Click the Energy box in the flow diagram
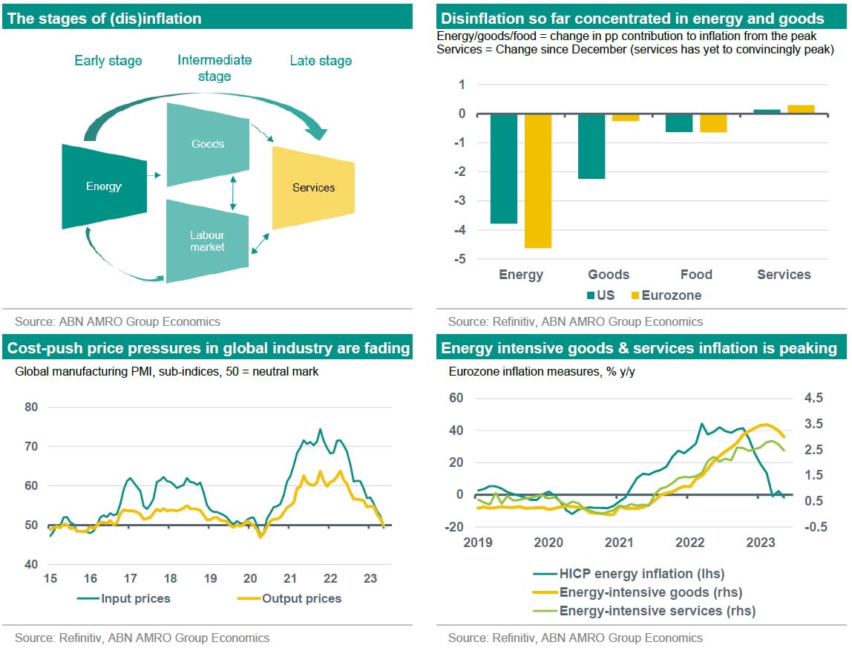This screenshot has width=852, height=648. coord(103,186)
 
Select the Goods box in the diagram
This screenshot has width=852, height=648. coord(207,144)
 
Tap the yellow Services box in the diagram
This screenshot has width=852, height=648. coord(313,188)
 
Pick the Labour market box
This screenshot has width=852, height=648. coord(207,241)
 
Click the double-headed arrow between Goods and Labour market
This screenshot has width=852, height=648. coord(233,193)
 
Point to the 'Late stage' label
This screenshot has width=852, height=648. coord(321,61)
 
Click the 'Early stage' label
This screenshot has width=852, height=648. coord(108,61)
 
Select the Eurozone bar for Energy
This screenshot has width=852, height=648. coord(538,180)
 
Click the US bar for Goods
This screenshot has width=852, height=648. coord(592,146)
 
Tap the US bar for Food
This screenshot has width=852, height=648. coord(679,122)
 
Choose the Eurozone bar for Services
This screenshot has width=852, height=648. coord(801,109)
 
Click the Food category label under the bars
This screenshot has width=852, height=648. coord(696,275)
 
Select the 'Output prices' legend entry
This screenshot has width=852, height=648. coord(294,598)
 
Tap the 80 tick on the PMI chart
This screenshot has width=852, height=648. coord(31,407)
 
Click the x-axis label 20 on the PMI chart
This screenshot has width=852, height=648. coord(250,579)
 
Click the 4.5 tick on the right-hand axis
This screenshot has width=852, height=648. coord(813,399)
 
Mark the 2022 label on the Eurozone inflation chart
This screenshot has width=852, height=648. coord(690,543)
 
